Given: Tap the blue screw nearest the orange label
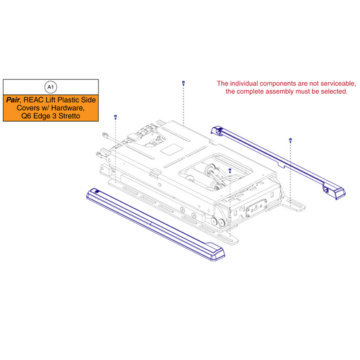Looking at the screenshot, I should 115,116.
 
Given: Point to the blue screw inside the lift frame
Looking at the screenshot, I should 229,171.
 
